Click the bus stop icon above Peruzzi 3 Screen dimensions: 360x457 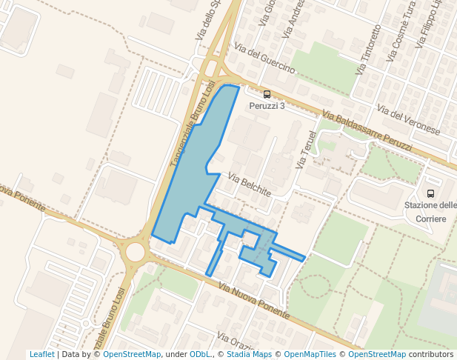pyautogui.click(x=267, y=94)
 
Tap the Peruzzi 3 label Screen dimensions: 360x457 pyautogui.click(x=267, y=106)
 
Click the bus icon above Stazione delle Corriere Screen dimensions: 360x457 pyautogui.click(x=431, y=193)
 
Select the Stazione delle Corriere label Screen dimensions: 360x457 pyautogui.click(x=430, y=212)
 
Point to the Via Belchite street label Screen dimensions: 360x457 pyautogui.click(x=250, y=186)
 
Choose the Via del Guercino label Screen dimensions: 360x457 pyautogui.click(x=264, y=59)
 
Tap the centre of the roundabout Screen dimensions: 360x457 pyautogui.click(x=135, y=252)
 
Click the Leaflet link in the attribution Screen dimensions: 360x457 pyautogui.click(x=41, y=355)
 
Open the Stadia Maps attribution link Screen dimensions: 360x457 pyautogui.click(x=247, y=355)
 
